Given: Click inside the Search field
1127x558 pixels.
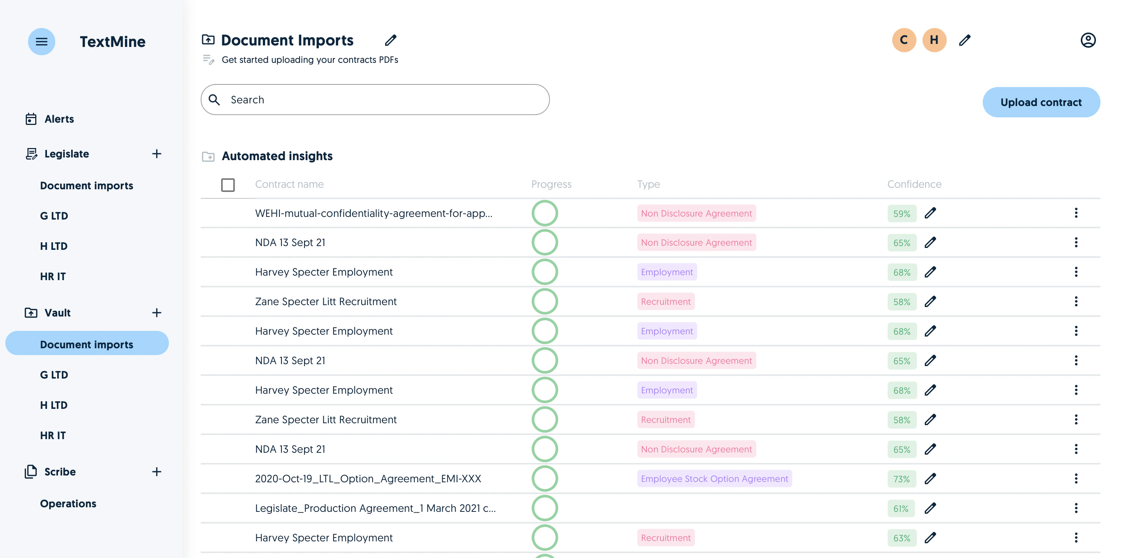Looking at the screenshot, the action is coord(375,100).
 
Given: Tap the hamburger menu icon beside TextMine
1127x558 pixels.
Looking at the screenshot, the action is coord(42,42).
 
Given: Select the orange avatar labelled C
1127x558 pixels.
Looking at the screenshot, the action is coord(904,40).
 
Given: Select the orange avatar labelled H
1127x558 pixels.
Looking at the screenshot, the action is coord(934,40).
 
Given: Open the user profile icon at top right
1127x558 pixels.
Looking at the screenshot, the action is coord(1088,40).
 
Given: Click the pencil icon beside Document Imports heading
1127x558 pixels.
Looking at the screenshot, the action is coord(391,40).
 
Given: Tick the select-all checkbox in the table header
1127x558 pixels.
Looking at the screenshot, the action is coord(228,184).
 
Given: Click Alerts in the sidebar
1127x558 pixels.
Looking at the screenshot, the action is coord(59,119).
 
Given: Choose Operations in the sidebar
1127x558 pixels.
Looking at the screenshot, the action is coord(68,503).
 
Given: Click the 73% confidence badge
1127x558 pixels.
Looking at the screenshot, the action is coord(901,479).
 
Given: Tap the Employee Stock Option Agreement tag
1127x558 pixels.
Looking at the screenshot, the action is coord(715,479).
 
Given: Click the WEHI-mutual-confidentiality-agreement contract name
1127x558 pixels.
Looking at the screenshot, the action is coord(374,213).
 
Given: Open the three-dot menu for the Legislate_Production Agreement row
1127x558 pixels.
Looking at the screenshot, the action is coord(1076,508).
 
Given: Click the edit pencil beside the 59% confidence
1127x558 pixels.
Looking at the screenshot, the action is coord(930,213).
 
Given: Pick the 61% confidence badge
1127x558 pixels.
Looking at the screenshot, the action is coord(901,508).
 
